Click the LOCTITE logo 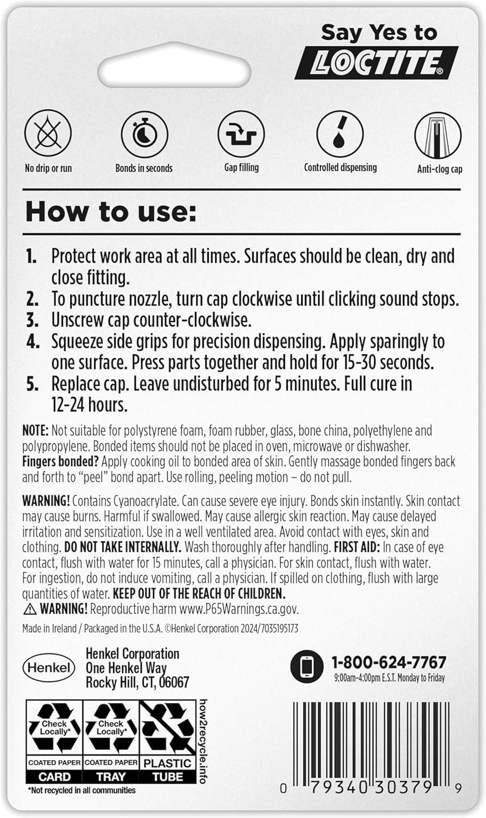click(376, 63)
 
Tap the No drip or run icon click(48, 135)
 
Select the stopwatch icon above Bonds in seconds click(144, 135)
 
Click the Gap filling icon click(241, 135)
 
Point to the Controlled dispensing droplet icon click(340, 134)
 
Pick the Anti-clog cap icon click(438, 135)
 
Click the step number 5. click(33, 384)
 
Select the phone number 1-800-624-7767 click(389, 663)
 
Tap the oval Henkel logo click(50, 667)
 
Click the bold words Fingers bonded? click(60, 461)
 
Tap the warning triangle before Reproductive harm click(28, 609)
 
